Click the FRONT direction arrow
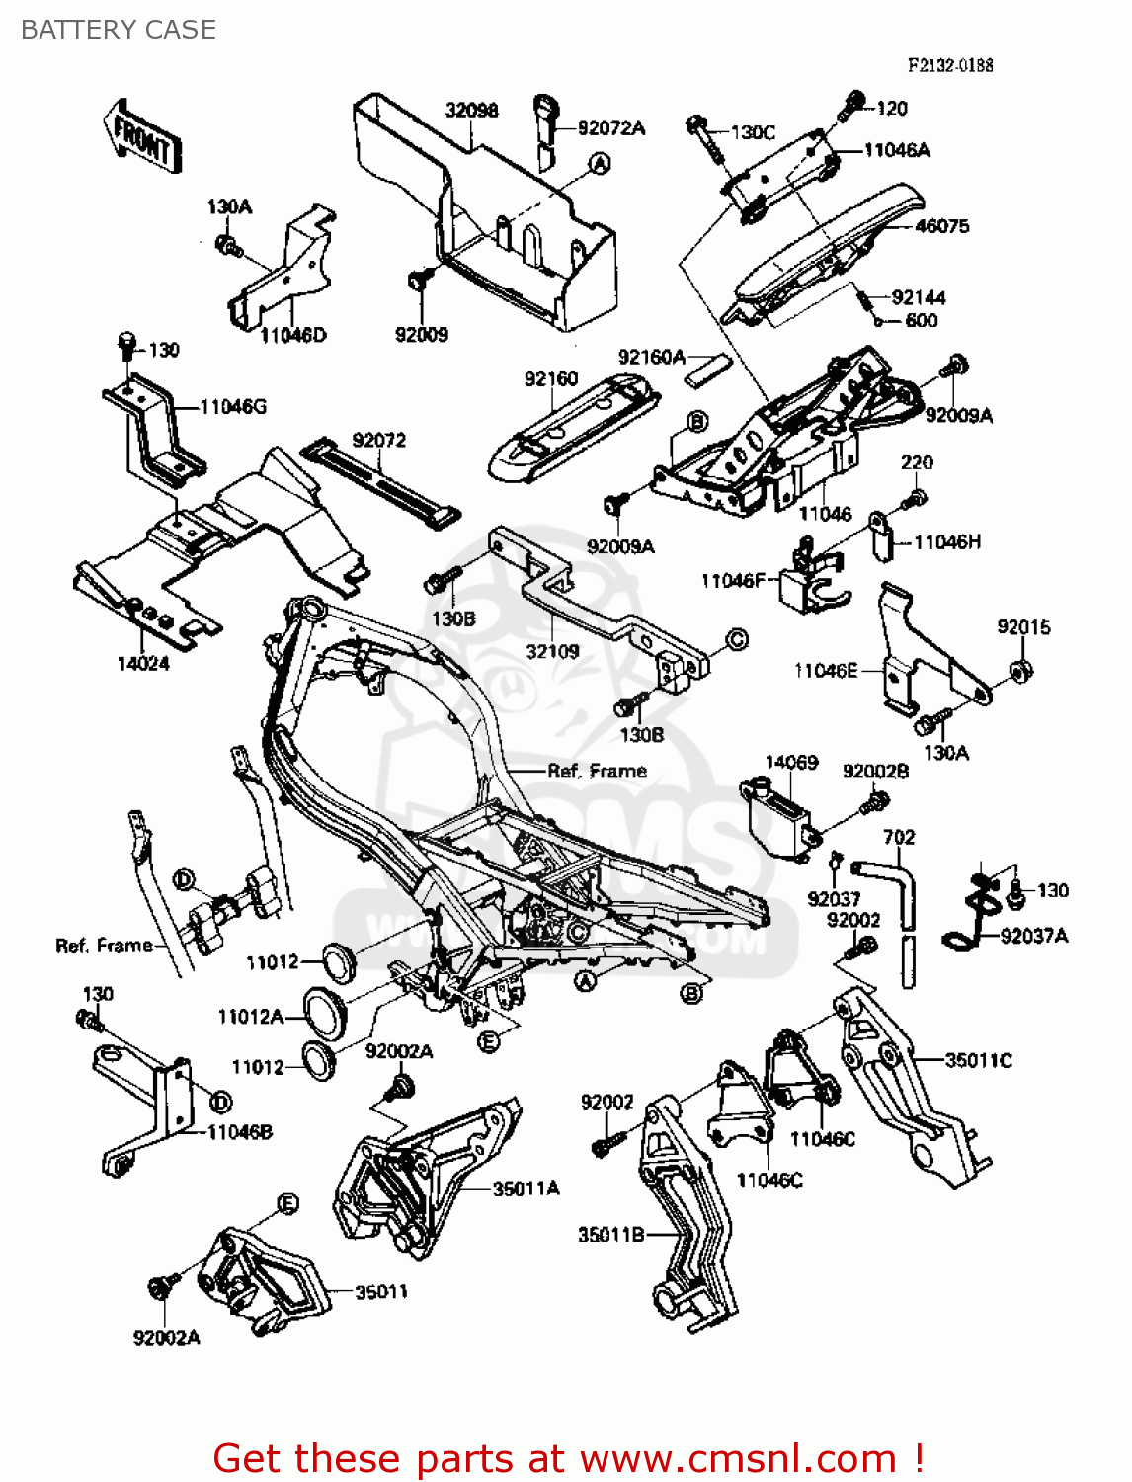[x=142, y=137]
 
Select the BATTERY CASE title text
[x=119, y=30]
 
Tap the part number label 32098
[x=471, y=110]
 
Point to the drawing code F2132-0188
[x=950, y=65]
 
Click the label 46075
[x=941, y=226]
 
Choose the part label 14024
[x=143, y=663]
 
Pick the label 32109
[x=552, y=651]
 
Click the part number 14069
[x=791, y=762]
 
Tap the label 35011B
[x=611, y=1234]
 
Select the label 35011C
[x=978, y=1060]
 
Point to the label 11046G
[x=233, y=406]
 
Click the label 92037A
[x=1034, y=935]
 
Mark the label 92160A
[x=651, y=357]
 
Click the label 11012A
[x=250, y=1016]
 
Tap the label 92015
[x=1023, y=627]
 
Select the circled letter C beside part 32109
[x=737, y=639]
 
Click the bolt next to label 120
[x=852, y=104]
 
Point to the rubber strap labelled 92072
[x=380, y=483]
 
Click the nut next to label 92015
[x=1020, y=673]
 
